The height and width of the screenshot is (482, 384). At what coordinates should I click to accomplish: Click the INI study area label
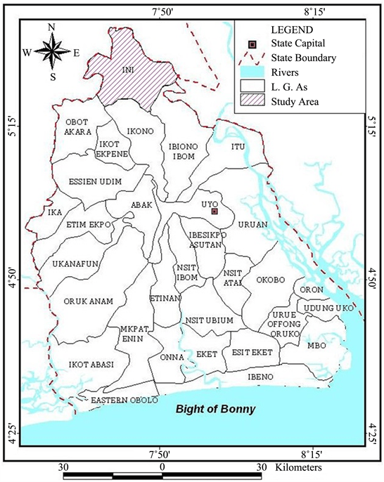[x=127, y=71]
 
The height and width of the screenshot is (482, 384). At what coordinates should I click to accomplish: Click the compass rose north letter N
[x=51, y=27]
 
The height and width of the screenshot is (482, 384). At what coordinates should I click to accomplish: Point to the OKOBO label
[x=269, y=280]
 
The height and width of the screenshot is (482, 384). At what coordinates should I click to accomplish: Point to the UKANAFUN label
[x=75, y=264]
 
